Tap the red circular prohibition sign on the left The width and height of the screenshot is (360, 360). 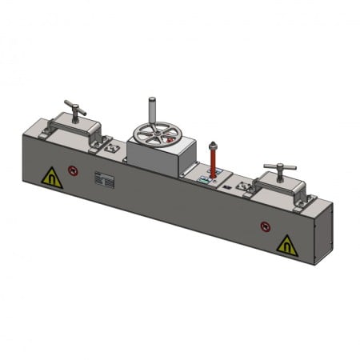pyautogui.click(x=73, y=170)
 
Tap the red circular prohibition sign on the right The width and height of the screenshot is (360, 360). pyautogui.click(x=266, y=226)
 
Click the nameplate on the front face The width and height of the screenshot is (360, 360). pyautogui.click(x=104, y=179)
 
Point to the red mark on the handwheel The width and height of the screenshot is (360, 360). pyautogui.click(x=170, y=138)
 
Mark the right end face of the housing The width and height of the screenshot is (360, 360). pyautogui.click(x=324, y=232)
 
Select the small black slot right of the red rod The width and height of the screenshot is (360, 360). pyautogui.click(x=230, y=186)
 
